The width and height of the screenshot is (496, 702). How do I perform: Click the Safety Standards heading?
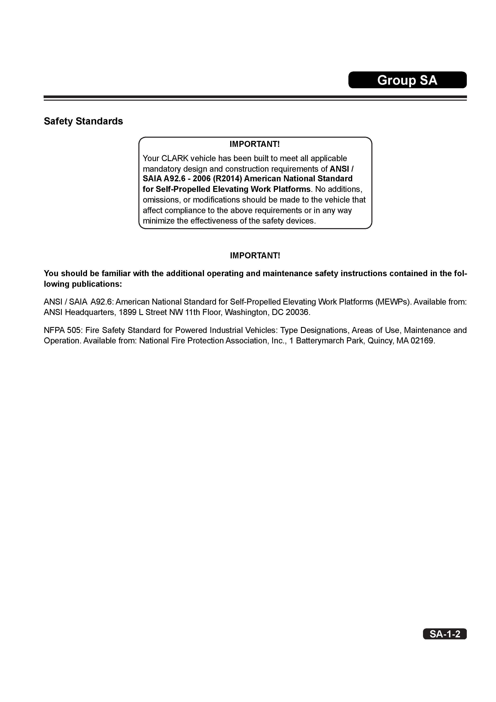[83, 121]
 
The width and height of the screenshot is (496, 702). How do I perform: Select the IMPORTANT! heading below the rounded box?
[255, 255]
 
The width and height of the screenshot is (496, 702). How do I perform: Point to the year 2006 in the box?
[201, 179]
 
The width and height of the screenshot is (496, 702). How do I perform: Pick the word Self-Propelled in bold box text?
[183, 189]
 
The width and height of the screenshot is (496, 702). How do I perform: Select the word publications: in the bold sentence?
[97, 284]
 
